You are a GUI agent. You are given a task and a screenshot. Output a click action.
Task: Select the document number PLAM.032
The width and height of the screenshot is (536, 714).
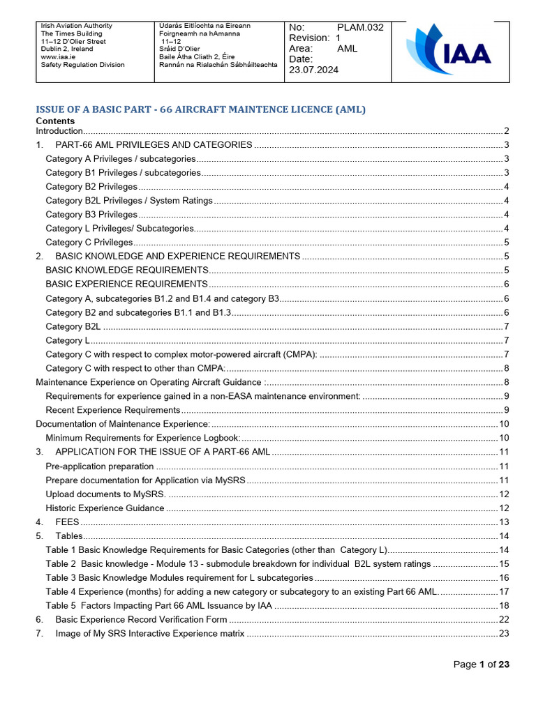click(361, 27)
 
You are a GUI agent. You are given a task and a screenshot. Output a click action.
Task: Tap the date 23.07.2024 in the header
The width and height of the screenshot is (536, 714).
click(313, 70)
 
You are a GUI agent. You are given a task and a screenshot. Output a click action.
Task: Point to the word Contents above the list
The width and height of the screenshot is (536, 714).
click(55, 121)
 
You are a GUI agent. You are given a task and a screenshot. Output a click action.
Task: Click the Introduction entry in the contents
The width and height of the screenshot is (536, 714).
click(60, 131)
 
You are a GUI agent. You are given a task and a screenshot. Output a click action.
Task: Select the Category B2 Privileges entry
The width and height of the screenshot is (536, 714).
click(91, 187)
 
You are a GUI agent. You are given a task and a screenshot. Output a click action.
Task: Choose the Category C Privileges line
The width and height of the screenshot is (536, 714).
click(89, 243)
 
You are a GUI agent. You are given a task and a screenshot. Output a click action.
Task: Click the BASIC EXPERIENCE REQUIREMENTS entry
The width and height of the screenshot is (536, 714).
click(126, 284)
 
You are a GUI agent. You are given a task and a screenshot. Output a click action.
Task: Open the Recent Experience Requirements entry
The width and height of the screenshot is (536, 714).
click(113, 410)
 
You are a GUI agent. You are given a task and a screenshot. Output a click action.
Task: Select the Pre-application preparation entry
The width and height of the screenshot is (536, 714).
click(100, 466)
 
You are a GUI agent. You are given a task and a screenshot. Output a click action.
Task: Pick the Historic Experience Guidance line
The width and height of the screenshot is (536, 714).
click(105, 508)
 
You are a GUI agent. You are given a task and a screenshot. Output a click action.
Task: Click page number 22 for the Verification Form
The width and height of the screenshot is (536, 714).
click(504, 619)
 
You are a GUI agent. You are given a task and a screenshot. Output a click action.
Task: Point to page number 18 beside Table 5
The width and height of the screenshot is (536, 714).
click(504, 605)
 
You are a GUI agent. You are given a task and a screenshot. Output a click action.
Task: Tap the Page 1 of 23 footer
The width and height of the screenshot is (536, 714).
click(482, 664)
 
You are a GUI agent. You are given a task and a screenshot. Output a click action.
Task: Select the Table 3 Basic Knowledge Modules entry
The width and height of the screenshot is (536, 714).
click(179, 577)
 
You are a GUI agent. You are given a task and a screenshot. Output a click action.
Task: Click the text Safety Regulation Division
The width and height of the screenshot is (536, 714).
click(83, 65)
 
